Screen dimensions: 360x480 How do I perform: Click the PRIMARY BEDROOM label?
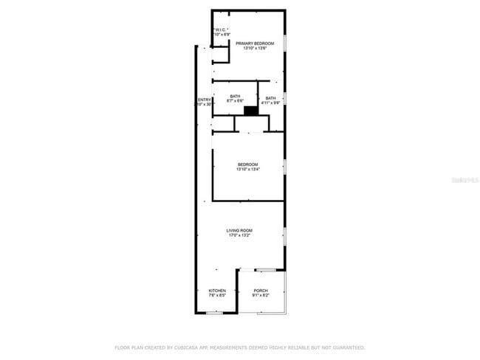click(255, 44)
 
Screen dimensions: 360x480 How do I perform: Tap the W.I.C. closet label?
click(222, 30)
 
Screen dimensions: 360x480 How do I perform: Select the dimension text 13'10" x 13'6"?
click(255, 49)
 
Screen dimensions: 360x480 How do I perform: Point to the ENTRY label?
click(203, 100)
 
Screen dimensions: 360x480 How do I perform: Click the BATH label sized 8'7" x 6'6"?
click(235, 97)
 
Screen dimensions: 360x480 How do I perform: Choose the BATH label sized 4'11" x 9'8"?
click(271, 98)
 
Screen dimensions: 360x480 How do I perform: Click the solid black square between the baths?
click(251, 111)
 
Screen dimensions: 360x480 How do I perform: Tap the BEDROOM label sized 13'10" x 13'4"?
click(247, 164)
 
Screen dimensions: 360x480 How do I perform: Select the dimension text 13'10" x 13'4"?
click(247, 169)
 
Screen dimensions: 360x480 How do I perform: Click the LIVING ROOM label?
click(239, 231)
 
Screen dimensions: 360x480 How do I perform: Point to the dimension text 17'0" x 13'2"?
click(239, 236)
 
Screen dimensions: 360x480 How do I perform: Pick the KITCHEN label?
click(216, 291)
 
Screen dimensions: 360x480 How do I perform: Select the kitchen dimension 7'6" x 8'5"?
click(216, 296)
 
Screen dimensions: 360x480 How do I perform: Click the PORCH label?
click(260, 291)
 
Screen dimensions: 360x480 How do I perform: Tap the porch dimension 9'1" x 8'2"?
click(260, 296)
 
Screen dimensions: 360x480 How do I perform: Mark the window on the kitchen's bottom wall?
click(214, 313)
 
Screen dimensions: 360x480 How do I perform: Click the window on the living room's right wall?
click(284, 236)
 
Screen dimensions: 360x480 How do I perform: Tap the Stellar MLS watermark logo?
click(465, 179)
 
